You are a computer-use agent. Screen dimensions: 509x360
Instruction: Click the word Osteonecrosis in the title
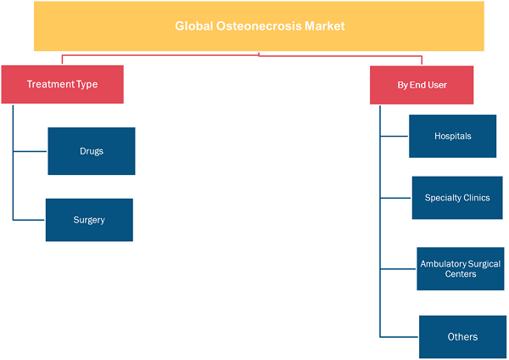click(x=260, y=26)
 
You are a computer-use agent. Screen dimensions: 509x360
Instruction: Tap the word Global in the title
click(x=193, y=26)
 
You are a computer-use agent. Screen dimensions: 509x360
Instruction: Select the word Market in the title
click(x=325, y=26)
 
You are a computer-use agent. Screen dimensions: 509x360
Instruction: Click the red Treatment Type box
click(x=62, y=84)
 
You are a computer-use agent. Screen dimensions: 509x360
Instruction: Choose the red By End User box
click(x=422, y=85)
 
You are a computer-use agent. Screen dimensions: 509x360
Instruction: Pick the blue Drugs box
click(x=92, y=151)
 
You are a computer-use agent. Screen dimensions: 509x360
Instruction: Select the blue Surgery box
click(x=89, y=220)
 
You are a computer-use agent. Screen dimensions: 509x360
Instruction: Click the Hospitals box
click(x=452, y=136)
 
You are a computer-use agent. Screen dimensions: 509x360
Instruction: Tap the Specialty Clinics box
click(x=457, y=198)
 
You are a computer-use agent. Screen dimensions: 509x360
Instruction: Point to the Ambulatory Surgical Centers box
click(x=461, y=268)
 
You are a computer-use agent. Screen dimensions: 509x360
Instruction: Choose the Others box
click(x=462, y=337)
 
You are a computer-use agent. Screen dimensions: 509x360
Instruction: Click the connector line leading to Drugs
click(x=31, y=151)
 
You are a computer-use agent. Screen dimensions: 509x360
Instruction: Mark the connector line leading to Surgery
click(x=29, y=220)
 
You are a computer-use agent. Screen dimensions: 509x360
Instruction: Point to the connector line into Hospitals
click(x=394, y=137)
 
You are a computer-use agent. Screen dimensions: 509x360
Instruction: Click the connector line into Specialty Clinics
click(x=396, y=198)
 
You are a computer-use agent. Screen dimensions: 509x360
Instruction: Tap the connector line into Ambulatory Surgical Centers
click(x=399, y=269)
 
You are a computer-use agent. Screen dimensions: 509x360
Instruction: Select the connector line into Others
click(x=400, y=337)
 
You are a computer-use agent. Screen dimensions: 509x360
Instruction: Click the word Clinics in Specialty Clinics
click(x=477, y=198)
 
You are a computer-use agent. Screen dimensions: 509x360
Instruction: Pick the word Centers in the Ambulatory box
click(x=461, y=274)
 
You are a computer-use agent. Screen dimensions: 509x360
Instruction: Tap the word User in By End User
click(x=437, y=85)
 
